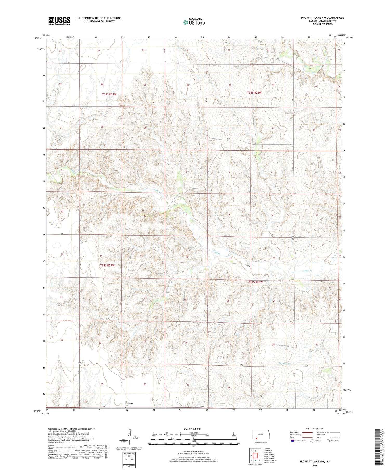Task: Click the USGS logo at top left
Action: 59,21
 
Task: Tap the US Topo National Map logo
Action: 194,22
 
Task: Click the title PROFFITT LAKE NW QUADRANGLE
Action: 322,18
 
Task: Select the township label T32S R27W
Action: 109,95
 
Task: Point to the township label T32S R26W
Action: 254,92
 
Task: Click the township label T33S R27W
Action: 107,266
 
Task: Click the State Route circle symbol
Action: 328,441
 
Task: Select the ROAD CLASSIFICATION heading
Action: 314,429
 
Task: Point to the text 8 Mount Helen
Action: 269,462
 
